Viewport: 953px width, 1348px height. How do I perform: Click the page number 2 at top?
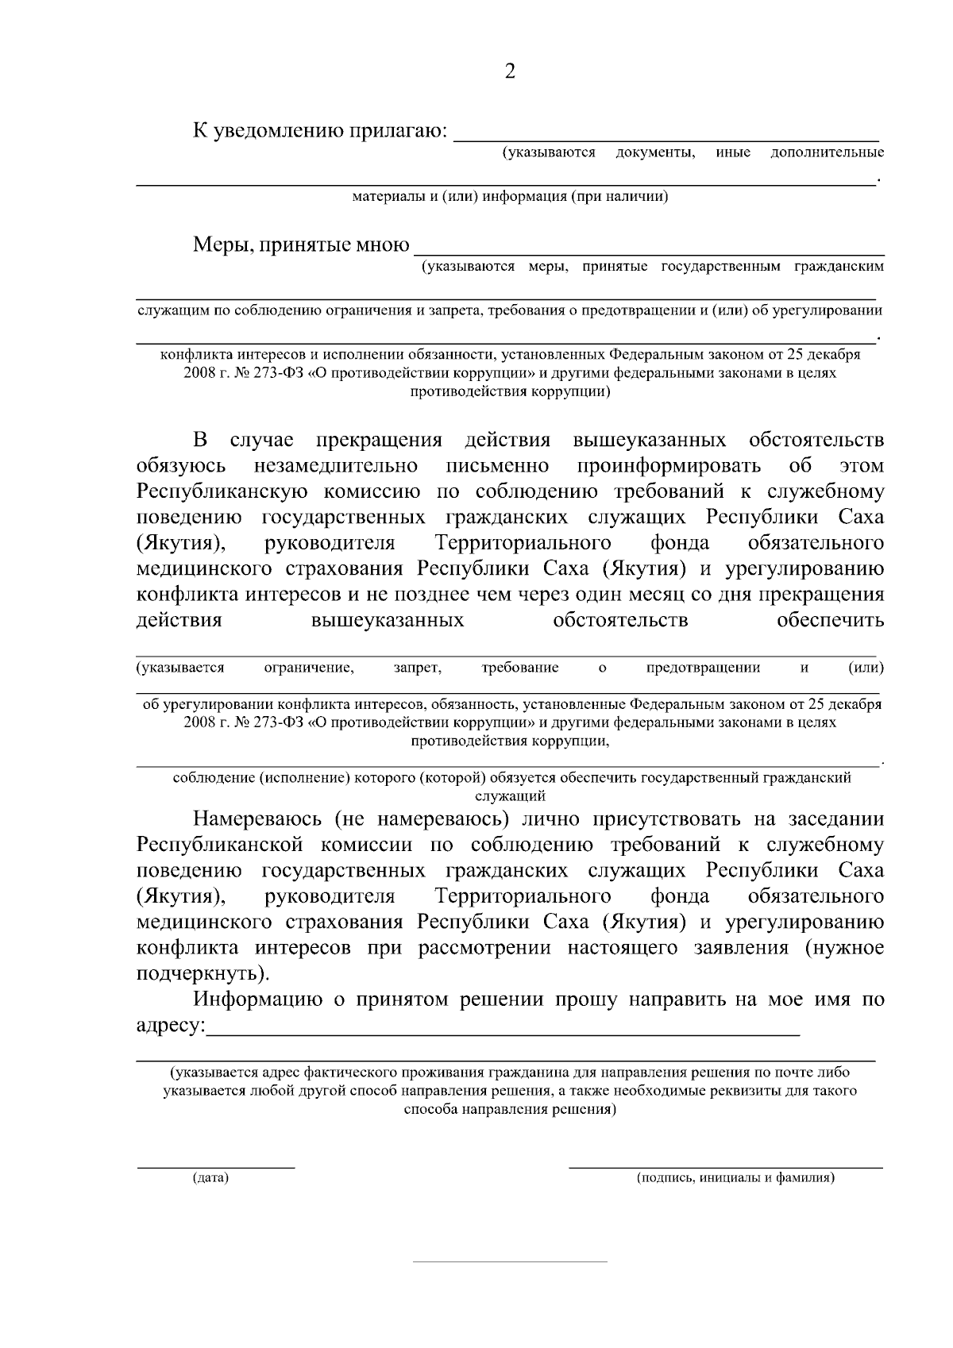tap(510, 72)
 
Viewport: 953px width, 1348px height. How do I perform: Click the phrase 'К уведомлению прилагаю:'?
tap(319, 130)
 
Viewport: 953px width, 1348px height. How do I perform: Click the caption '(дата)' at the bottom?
tap(210, 1178)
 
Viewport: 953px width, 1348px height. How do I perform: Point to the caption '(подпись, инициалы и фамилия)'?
tap(735, 1178)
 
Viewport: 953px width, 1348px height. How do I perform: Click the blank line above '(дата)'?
tap(216, 1167)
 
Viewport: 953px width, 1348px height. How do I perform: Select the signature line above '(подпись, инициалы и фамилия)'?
tap(726, 1167)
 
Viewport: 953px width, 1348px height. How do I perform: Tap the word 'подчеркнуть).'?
tap(203, 973)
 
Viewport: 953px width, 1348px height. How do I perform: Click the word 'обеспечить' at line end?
tap(830, 620)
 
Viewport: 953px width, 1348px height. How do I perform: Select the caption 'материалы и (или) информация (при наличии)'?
tap(510, 197)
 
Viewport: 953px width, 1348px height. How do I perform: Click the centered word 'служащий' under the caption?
tap(510, 795)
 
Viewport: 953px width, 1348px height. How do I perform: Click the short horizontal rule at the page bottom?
tap(510, 1261)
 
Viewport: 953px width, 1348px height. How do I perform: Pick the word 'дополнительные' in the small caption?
tap(827, 152)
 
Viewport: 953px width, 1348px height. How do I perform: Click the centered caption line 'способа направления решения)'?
tap(510, 1110)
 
